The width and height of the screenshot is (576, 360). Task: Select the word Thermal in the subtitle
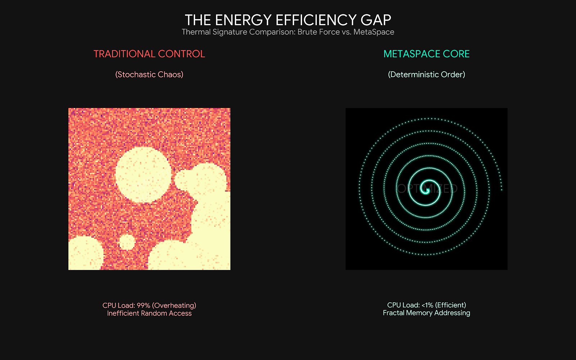tap(196, 32)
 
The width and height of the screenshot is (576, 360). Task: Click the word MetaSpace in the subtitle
tap(374, 32)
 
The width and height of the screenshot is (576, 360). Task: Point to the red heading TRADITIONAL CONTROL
tap(149, 54)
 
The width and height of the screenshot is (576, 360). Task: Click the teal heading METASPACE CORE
tap(426, 54)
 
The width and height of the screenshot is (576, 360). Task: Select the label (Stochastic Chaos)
tap(149, 75)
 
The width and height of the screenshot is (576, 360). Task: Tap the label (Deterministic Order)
tap(426, 75)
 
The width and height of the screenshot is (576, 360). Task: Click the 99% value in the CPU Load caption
tap(143, 305)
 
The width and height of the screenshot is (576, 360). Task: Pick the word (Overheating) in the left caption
tap(174, 305)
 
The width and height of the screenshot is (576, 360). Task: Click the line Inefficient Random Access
tap(149, 313)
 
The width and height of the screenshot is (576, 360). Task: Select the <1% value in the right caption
tap(427, 305)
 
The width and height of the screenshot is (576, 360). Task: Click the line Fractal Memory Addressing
tap(426, 313)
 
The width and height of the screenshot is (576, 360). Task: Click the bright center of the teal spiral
tap(427, 189)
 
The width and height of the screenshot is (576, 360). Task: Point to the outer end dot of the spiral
tap(501, 190)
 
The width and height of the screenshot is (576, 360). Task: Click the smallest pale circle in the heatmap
tap(127, 242)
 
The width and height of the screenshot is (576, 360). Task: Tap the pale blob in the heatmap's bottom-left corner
tap(84, 254)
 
